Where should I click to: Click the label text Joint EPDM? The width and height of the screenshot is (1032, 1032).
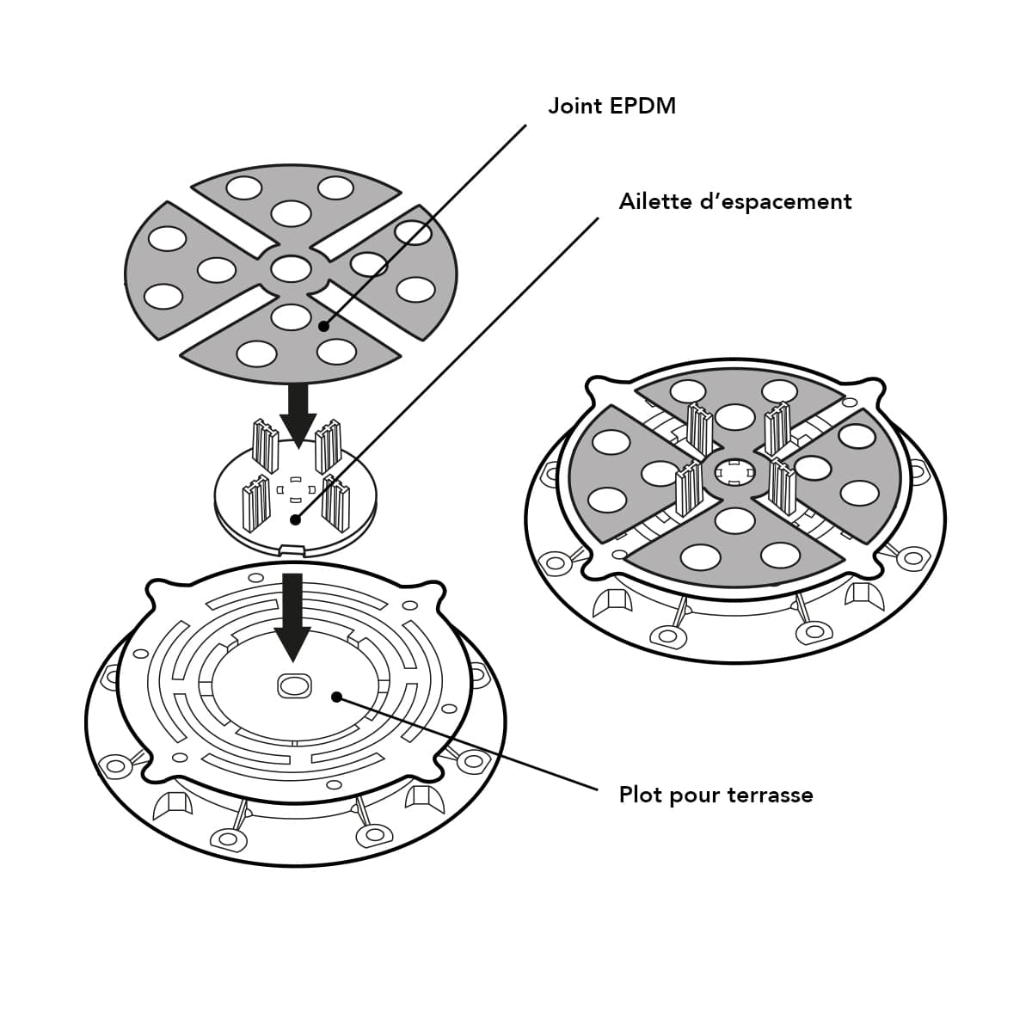click(x=611, y=106)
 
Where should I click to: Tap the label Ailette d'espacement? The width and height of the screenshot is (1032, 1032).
click(x=735, y=202)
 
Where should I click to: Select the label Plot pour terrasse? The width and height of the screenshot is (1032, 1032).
click(x=716, y=795)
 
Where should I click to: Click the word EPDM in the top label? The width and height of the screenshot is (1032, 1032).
click(x=642, y=106)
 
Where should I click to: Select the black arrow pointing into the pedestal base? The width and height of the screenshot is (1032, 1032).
click(x=292, y=617)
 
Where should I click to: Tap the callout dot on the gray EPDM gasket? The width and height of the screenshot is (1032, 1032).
click(x=323, y=326)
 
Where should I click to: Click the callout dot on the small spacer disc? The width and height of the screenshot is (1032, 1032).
click(x=295, y=519)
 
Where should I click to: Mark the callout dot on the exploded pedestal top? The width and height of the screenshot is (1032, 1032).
click(x=336, y=697)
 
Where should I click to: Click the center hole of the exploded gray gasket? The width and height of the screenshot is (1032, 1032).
click(x=291, y=268)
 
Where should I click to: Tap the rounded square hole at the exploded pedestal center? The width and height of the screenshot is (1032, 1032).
click(x=293, y=685)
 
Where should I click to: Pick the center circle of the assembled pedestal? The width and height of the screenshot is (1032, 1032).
click(x=734, y=471)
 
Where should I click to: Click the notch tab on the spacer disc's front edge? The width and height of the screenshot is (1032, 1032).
click(x=293, y=549)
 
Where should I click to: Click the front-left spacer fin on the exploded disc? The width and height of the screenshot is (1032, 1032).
click(x=256, y=504)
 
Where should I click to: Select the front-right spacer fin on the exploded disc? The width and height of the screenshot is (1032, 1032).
click(x=335, y=503)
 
